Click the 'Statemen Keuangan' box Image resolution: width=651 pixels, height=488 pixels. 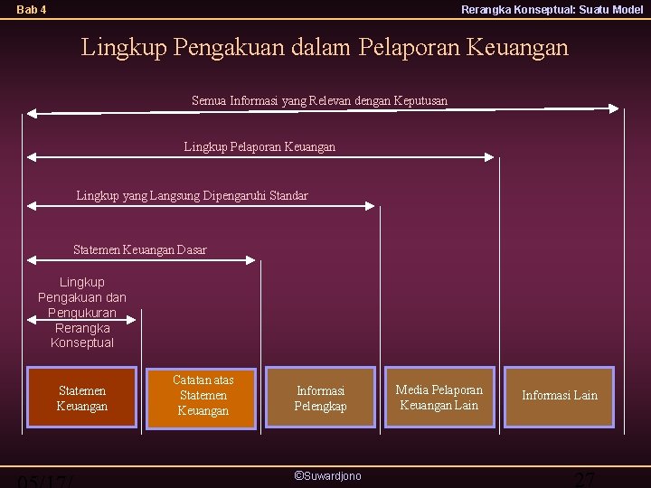pyautogui.click(x=81, y=399)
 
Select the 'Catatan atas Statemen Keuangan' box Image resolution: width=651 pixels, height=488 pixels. pyautogui.click(x=203, y=396)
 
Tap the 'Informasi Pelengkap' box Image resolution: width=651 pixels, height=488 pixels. pyautogui.click(x=320, y=399)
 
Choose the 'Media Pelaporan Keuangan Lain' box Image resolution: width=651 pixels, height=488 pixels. pyautogui.click(x=439, y=397)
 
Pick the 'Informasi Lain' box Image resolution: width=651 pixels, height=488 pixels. pyautogui.click(x=559, y=396)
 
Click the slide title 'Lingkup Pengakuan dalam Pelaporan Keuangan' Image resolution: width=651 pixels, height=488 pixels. pyautogui.click(x=325, y=46)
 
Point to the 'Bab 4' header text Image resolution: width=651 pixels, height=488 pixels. pyautogui.click(x=32, y=10)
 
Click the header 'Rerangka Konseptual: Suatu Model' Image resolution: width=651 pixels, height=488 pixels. pyautogui.click(x=552, y=10)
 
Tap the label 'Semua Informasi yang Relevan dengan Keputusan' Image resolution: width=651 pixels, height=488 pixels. pyautogui.click(x=319, y=100)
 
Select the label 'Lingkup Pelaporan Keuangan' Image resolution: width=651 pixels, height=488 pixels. pyautogui.click(x=259, y=146)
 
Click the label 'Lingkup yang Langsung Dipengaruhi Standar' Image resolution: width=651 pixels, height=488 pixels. pyautogui.click(x=192, y=195)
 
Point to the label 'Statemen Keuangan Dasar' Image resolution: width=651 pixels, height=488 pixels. pyautogui.click(x=139, y=249)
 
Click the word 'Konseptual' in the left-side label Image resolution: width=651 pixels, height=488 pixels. pyautogui.click(x=82, y=343)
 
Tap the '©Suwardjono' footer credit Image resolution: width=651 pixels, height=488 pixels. pyautogui.click(x=327, y=475)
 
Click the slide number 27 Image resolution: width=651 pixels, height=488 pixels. pyautogui.click(x=585, y=479)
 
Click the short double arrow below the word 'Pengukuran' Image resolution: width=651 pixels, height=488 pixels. pyautogui.click(x=82, y=318)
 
